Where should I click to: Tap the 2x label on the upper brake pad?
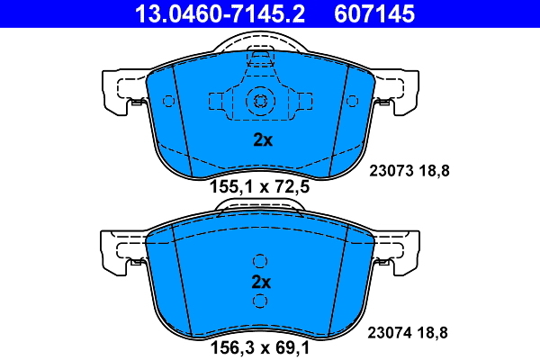pos(261,140)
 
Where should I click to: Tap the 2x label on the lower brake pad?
pos(261,282)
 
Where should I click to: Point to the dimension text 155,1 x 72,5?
pos(260,190)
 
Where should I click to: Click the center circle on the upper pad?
pos(260,101)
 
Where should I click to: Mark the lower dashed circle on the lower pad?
pos(260,301)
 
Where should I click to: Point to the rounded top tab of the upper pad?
pos(260,43)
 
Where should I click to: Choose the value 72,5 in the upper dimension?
pos(295,190)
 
